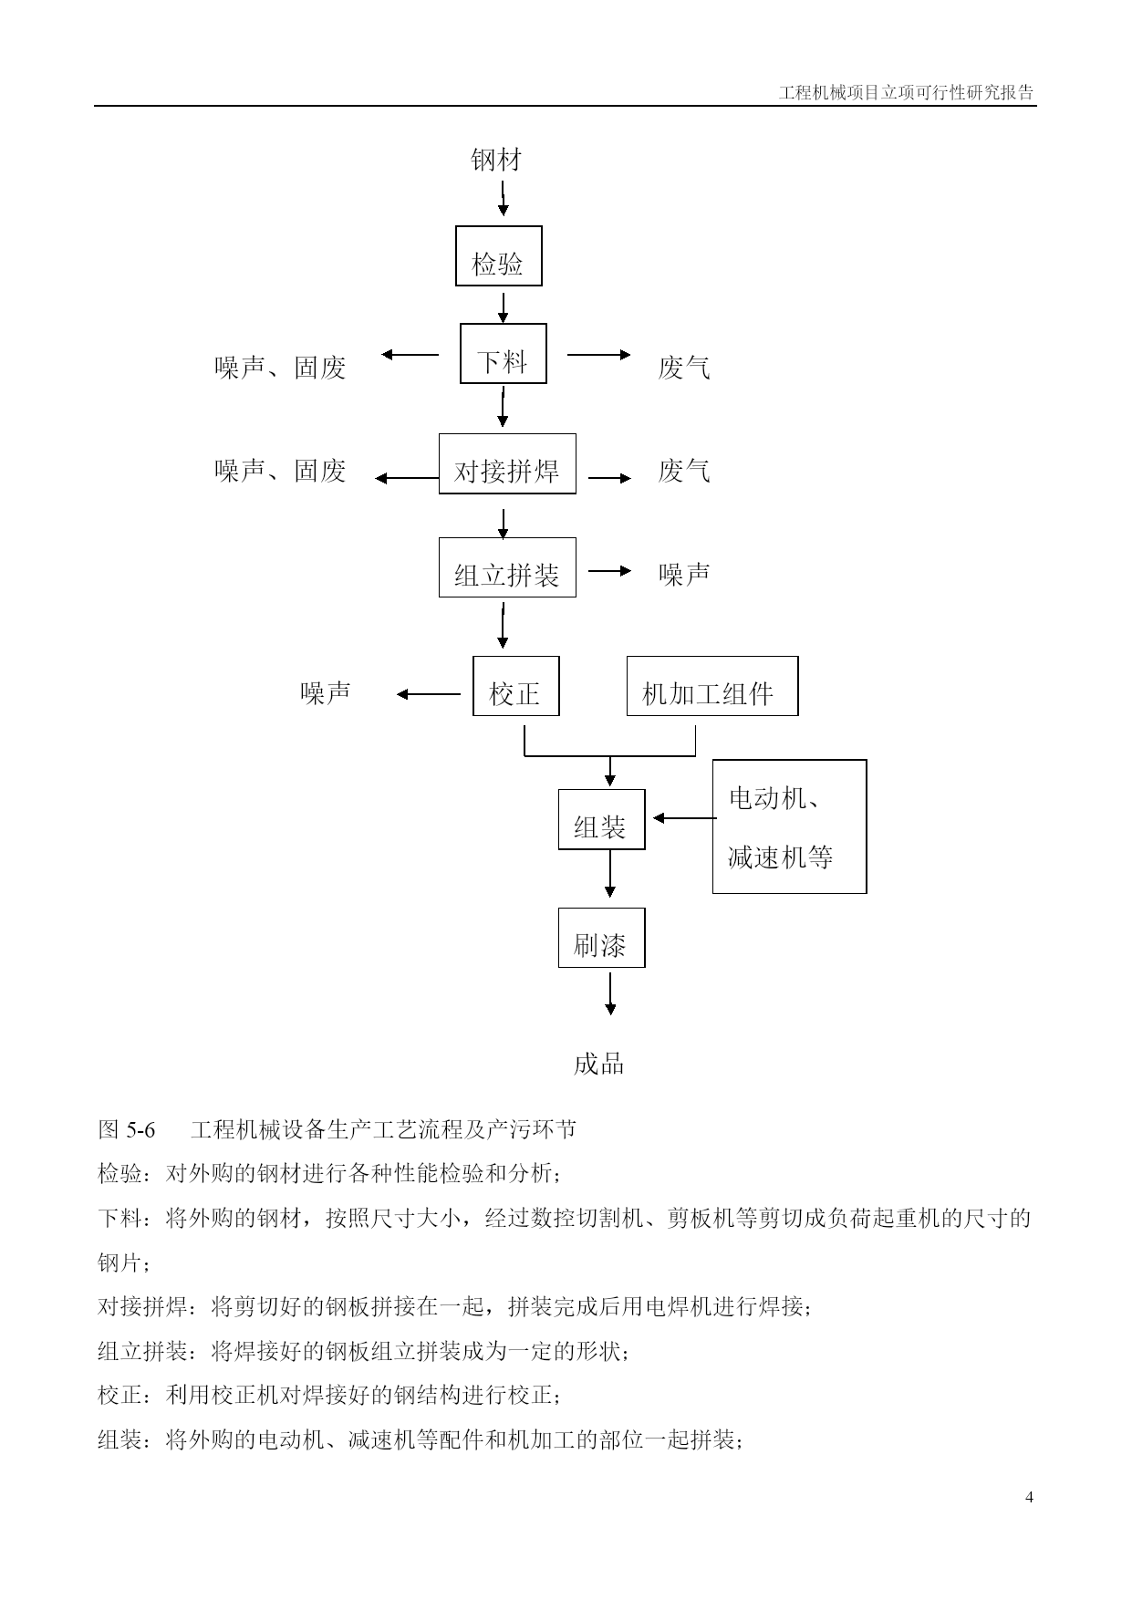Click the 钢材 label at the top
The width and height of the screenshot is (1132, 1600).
(x=496, y=161)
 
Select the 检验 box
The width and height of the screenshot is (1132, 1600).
(x=499, y=255)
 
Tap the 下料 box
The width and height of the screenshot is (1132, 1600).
(x=504, y=353)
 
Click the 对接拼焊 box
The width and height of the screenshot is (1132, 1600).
(x=507, y=463)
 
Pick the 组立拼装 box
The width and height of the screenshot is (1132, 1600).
(x=507, y=567)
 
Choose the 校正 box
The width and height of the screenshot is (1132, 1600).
(x=516, y=686)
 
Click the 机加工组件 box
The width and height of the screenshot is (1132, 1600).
(x=712, y=686)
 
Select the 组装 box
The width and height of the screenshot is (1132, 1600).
(x=602, y=819)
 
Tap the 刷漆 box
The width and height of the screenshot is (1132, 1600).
(x=602, y=938)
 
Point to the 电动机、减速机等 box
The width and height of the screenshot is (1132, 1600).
(x=790, y=826)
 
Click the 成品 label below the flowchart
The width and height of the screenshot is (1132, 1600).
(x=599, y=1064)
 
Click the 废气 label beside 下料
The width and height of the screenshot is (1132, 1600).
(x=684, y=368)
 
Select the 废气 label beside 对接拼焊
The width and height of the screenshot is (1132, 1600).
(x=684, y=471)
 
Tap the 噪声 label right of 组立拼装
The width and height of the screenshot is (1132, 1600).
(x=684, y=574)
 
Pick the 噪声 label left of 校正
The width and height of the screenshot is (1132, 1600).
(x=326, y=692)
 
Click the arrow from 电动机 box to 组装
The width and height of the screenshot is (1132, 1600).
(x=685, y=818)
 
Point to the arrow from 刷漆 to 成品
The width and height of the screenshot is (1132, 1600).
(x=610, y=993)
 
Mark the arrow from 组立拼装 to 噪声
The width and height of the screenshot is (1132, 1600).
(x=609, y=571)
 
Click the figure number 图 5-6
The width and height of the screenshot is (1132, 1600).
(x=127, y=1129)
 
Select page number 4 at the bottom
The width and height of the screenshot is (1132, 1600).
(x=1030, y=1496)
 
